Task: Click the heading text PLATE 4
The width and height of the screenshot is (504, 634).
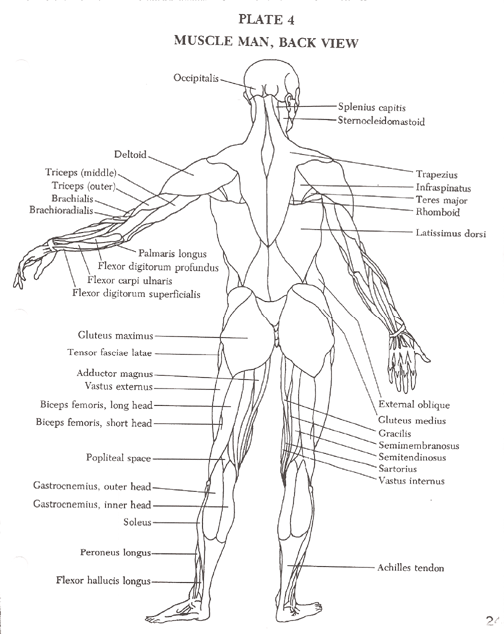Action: [266, 19]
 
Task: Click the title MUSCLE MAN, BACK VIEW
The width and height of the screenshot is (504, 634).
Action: [266, 42]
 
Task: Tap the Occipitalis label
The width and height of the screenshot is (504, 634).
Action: [196, 78]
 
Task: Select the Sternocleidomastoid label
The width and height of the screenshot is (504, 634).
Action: [381, 121]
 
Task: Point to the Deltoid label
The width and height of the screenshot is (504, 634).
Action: [130, 154]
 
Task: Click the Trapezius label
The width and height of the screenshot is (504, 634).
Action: [437, 175]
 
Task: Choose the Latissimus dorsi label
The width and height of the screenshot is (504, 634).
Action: [451, 233]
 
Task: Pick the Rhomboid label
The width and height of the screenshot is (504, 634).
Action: [438, 212]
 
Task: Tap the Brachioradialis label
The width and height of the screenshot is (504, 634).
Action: [61, 210]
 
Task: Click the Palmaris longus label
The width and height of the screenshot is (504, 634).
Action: [172, 254]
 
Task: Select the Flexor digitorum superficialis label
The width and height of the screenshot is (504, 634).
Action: [136, 293]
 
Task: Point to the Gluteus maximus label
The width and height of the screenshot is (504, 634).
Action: [116, 335]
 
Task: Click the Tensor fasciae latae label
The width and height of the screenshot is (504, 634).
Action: [110, 353]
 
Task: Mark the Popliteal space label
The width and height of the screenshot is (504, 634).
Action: [118, 458]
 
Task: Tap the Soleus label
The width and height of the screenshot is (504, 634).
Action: [137, 522]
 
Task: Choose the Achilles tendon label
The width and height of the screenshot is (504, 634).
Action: [410, 568]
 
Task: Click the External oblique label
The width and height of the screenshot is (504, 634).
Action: [414, 404]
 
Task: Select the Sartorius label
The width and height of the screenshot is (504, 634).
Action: [398, 469]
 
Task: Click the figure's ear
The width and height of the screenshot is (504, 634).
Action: [289, 100]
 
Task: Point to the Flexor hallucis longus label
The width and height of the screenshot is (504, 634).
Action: [103, 581]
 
